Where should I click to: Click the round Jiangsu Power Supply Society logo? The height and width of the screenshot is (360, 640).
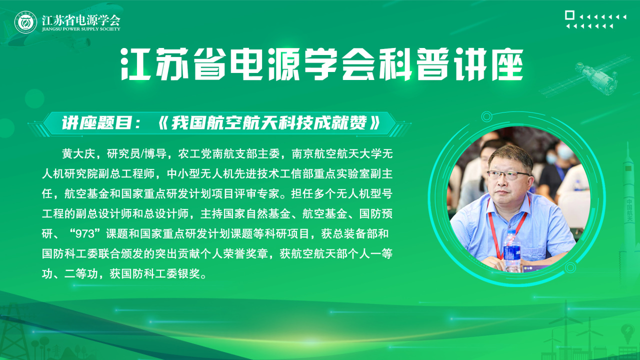[25, 22]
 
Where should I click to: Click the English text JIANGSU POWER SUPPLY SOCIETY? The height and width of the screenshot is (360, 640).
[81, 29]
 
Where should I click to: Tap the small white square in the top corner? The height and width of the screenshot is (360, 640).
[569, 15]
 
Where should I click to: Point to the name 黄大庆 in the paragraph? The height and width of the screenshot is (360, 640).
[78, 154]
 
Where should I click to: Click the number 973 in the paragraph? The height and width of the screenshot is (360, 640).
[85, 234]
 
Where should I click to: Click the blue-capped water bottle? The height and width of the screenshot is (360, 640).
[511, 250]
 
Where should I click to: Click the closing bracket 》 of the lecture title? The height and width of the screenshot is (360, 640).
[375, 123]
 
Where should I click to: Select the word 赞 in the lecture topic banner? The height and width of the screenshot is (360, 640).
[358, 123]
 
